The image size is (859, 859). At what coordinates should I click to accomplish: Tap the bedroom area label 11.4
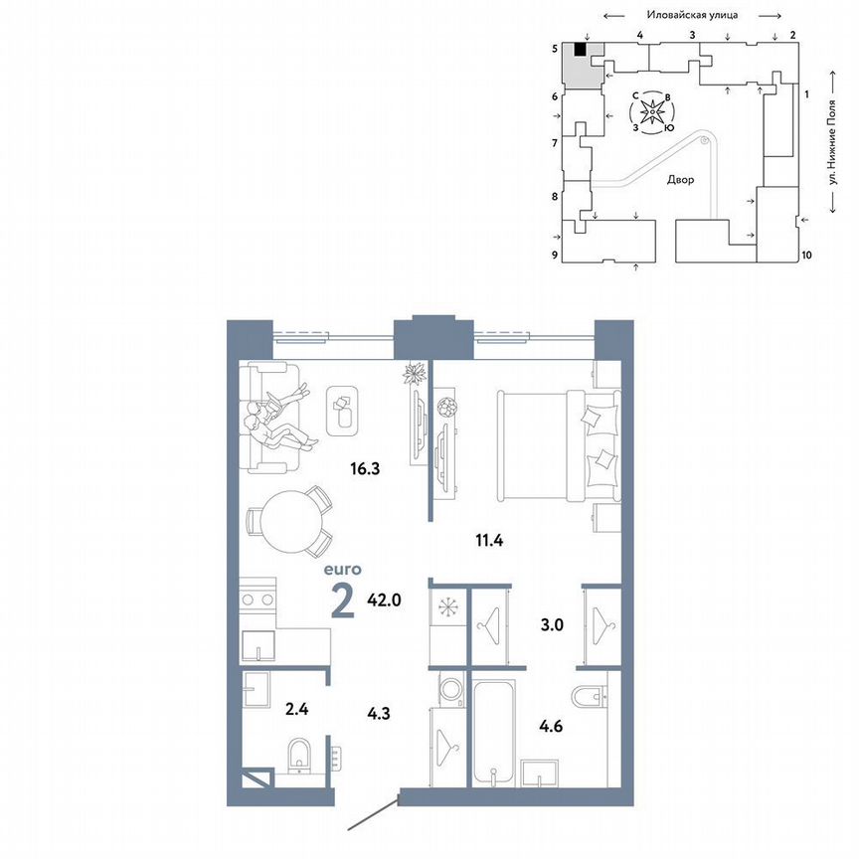(x=487, y=541)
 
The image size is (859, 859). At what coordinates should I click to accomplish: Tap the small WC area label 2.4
(x=269, y=710)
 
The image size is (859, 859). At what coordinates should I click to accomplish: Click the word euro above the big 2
(x=341, y=570)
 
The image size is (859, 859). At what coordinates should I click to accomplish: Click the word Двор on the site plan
(x=681, y=181)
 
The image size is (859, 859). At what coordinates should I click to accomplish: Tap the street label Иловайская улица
(x=690, y=15)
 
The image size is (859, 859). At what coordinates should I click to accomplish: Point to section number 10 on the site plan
(x=806, y=256)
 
